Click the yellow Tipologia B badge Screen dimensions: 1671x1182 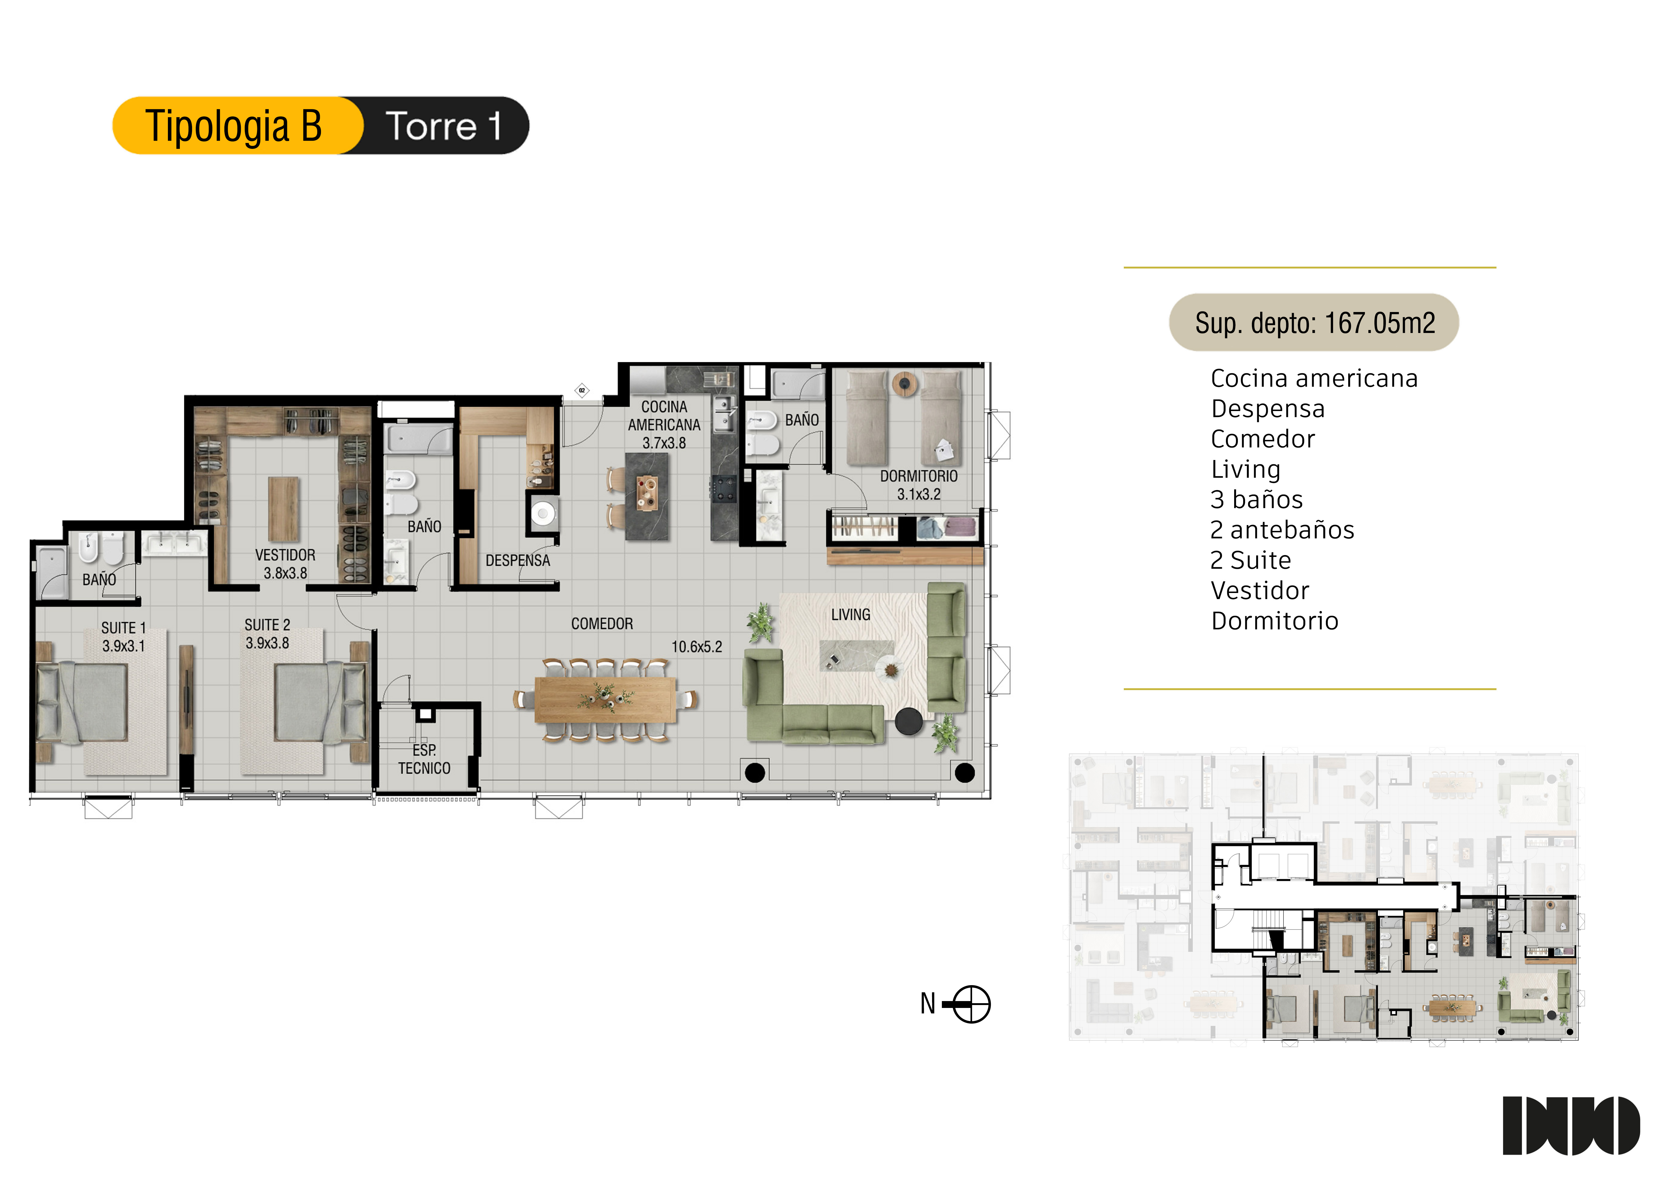coord(237,125)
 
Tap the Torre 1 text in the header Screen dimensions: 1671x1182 coord(443,126)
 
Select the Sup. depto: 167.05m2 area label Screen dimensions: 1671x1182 coord(1314,322)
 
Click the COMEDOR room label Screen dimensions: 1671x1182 coord(602,624)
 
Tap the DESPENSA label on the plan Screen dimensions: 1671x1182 coord(517,560)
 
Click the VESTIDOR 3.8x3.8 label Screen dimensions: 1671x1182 coord(285,563)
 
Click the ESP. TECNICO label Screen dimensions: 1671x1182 coord(424,759)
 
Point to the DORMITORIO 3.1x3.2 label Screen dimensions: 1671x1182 coord(919,485)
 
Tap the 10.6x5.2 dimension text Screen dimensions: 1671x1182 coord(697,646)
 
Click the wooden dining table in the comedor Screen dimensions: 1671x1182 coord(606,699)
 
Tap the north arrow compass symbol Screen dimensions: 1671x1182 coord(971,1005)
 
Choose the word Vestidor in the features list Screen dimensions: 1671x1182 coord(1260,590)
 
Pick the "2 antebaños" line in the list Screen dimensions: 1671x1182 coord(1282,530)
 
